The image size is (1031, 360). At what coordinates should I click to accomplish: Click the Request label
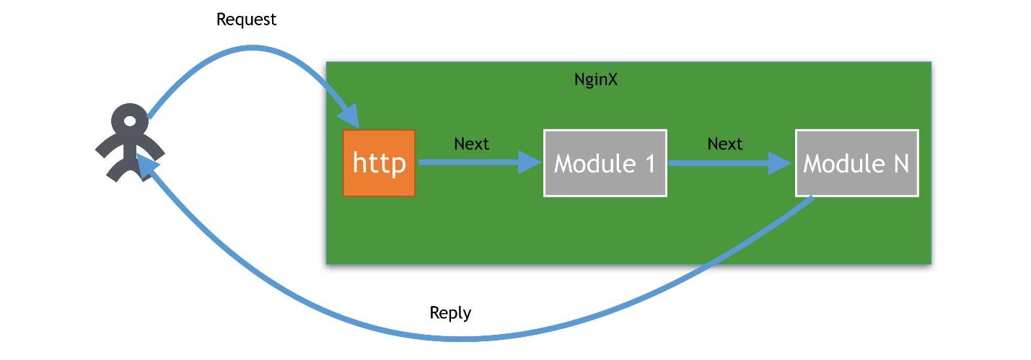tap(246, 19)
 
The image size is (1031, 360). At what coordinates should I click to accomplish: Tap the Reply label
tap(449, 312)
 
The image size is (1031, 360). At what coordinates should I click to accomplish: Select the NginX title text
tap(595, 79)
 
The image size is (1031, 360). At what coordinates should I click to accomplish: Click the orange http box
tap(379, 164)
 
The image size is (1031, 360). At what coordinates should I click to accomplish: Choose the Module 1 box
tap(605, 164)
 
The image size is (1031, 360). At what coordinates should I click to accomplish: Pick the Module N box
tap(856, 164)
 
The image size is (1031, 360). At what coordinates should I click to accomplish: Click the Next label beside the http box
tap(471, 144)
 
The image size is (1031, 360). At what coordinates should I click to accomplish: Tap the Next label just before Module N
tap(724, 144)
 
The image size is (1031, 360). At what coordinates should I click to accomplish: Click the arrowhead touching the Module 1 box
tap(530, 163)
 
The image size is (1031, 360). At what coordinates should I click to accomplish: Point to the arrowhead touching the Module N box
tap(781, 163)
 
